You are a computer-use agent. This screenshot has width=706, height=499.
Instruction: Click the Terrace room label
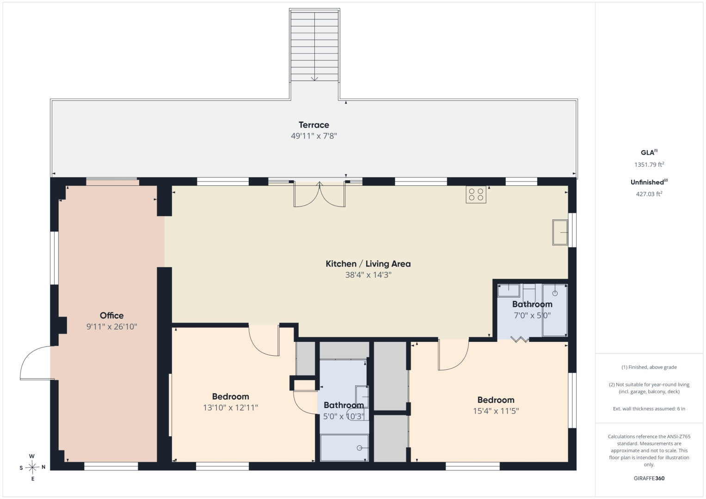coord(313,125)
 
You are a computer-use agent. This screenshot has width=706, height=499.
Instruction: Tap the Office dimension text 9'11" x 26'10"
coord(112,327)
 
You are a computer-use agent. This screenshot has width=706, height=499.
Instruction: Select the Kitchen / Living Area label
coord(368,264)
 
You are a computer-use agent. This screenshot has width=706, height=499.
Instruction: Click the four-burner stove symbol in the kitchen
coord(476,195)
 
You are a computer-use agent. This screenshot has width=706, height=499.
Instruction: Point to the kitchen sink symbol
coord(560,232)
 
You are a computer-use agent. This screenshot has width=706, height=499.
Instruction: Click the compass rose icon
coord(32,467)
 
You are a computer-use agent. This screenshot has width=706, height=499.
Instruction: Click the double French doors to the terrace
coord(319,194)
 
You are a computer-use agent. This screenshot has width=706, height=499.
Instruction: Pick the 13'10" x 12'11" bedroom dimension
coord(230,408)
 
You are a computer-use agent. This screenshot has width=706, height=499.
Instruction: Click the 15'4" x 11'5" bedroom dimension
coord(496,411)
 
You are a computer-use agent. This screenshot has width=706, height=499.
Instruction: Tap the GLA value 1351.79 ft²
coord(649,164)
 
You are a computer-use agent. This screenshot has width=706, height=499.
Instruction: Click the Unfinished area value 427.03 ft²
coord(649,194)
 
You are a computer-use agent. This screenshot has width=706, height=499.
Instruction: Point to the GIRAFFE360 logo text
coord(649,478)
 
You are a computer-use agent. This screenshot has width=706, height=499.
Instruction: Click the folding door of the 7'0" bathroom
coord(520,339)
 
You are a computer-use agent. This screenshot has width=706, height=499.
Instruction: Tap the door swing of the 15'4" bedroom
coord(453,355)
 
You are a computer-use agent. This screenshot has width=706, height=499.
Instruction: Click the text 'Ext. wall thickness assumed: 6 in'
coord(649,408)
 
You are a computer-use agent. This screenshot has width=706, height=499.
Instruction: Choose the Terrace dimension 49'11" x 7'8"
coord(313,136)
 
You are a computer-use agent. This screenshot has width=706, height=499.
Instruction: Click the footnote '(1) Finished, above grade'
coord(649,367)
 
